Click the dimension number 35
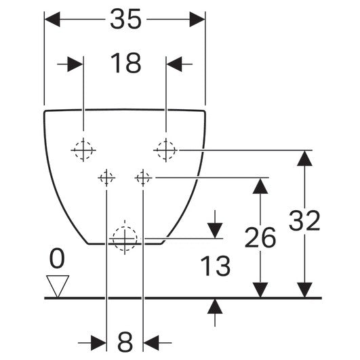click(125, 19)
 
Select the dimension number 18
click(125, 63)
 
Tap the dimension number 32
click(304, 220)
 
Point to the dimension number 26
click(260, 237)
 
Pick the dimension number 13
click(215, 266)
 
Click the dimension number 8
click(125, 342)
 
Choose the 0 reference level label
click(57, 258)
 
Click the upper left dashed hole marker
click(83, 150)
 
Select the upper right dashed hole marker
click(166, 150)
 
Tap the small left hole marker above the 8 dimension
click(106, 178)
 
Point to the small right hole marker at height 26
click(143, 178)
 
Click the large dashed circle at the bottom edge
click(125, 239)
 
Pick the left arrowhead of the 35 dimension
click(52, 19)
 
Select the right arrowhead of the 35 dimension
click(197, 19)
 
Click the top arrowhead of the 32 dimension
click(304, 158)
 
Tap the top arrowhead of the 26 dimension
click(260, 186)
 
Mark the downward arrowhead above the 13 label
click(215, 231)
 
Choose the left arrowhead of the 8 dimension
click(99, 343)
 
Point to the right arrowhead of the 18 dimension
click(174, 64)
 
